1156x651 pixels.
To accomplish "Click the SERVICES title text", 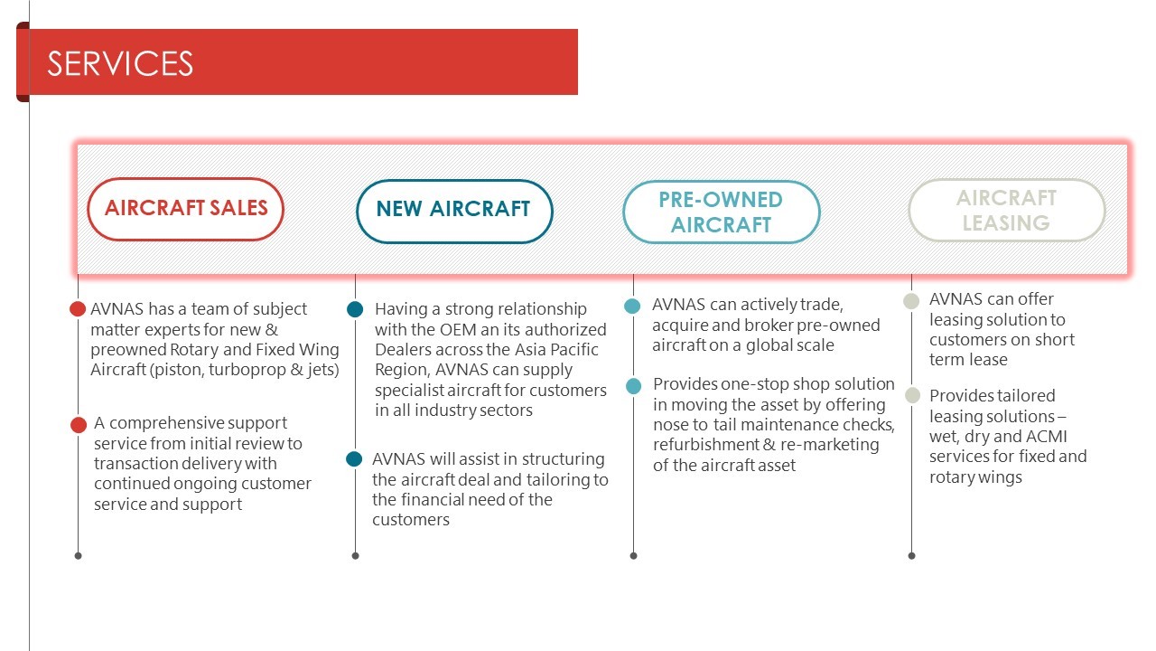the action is point(120,63).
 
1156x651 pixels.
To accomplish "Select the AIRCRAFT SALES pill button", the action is point(186,209).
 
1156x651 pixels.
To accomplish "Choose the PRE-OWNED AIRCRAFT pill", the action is point(721,212).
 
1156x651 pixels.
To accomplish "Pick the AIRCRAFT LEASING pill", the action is point(1006,210).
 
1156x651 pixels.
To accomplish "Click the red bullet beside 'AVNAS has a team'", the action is point(78,309).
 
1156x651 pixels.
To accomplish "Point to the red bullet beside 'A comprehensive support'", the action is point(79,425).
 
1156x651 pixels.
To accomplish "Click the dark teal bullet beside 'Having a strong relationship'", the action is point(355,309).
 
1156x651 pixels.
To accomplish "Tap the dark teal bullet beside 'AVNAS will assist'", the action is point(354,458).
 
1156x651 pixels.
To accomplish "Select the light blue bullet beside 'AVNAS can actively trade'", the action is point(632,306).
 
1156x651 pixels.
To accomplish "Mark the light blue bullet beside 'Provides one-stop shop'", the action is point(634,386).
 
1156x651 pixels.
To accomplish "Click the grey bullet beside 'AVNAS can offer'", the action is point(911,301).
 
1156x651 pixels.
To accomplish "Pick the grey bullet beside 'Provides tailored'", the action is point(912,395).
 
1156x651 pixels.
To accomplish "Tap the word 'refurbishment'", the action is point(706,445).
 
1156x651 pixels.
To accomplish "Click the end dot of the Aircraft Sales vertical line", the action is point(78,556).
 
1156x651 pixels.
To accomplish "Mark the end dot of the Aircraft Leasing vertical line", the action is point(911,556).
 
